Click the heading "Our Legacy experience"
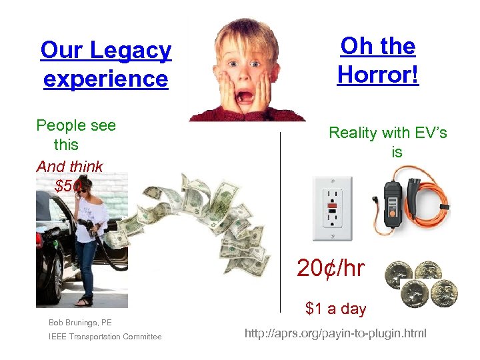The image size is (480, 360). (106, 65)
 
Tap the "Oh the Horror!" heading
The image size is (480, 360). (378, 60)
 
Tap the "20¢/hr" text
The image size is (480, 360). (331, 268)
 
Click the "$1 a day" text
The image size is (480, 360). (335, 309)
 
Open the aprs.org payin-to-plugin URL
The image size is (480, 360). (335, 333)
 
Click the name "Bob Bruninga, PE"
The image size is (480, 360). (80, 323)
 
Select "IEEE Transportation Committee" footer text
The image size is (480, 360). (105, 337)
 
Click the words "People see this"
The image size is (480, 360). (75, 135)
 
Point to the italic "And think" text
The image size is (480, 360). (69, 167)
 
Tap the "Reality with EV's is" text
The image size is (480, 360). (388, 142)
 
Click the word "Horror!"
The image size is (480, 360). (378, 74)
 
